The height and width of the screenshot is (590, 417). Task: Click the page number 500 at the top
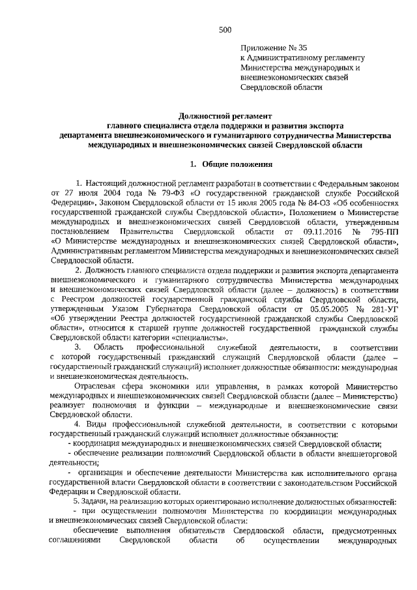point(225,29)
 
